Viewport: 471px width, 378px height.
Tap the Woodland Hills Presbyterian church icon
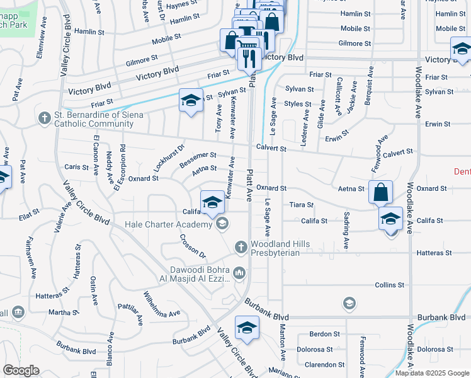239,248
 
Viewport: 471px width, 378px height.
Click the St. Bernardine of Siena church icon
44,118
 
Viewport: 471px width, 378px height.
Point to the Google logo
21,370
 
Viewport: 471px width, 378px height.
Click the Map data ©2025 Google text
432,373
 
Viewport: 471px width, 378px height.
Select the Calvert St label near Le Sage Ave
271,149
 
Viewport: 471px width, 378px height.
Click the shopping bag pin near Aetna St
381,192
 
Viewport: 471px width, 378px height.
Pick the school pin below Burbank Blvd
247,328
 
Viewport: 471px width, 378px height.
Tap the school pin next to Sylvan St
191,101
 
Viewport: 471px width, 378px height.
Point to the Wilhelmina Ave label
161,303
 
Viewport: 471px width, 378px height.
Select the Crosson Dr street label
193,246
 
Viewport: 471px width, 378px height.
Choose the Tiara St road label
302,205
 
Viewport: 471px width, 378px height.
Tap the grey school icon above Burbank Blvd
348,304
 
